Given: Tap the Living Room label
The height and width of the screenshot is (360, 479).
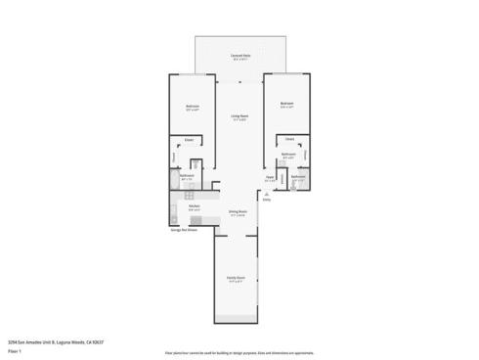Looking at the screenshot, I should tap(238, 117).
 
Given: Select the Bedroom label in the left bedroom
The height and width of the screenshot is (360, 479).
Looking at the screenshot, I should tap(193, 107).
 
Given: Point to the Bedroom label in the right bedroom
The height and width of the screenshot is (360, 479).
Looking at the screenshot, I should tap(286, 104).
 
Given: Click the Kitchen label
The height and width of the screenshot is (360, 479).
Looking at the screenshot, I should tap(194, 206).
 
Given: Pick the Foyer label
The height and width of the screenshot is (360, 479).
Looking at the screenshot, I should tap(270, 179).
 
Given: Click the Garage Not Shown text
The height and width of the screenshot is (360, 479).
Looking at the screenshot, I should tap(185, 231).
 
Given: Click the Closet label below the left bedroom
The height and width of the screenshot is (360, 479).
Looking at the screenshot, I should tap(189, 140).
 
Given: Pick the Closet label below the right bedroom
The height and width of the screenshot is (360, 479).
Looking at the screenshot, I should tap(289, 139).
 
